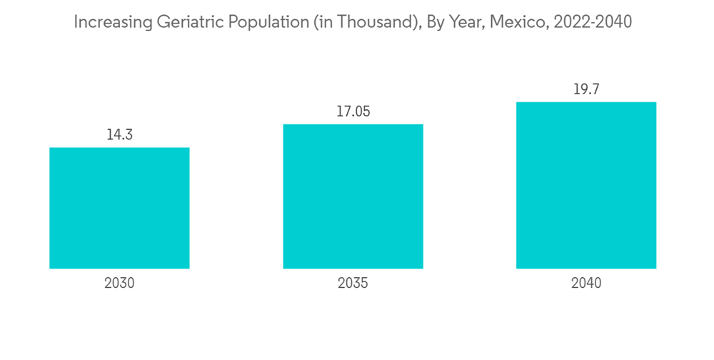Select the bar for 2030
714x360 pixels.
[x=119, y=208]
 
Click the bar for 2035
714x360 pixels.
[x=353, y=196]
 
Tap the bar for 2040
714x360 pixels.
[x=586, y=185]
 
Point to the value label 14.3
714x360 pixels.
[x=119, y=134]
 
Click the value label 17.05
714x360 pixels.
[x=353, y=111]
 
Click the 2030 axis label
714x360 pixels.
[x=119, y=283]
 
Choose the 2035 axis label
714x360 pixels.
[x=353, y=283]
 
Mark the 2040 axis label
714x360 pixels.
[x=586, y=283]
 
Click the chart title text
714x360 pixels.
[x=353, y=23]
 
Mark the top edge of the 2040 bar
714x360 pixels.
[x=586, y=102]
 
